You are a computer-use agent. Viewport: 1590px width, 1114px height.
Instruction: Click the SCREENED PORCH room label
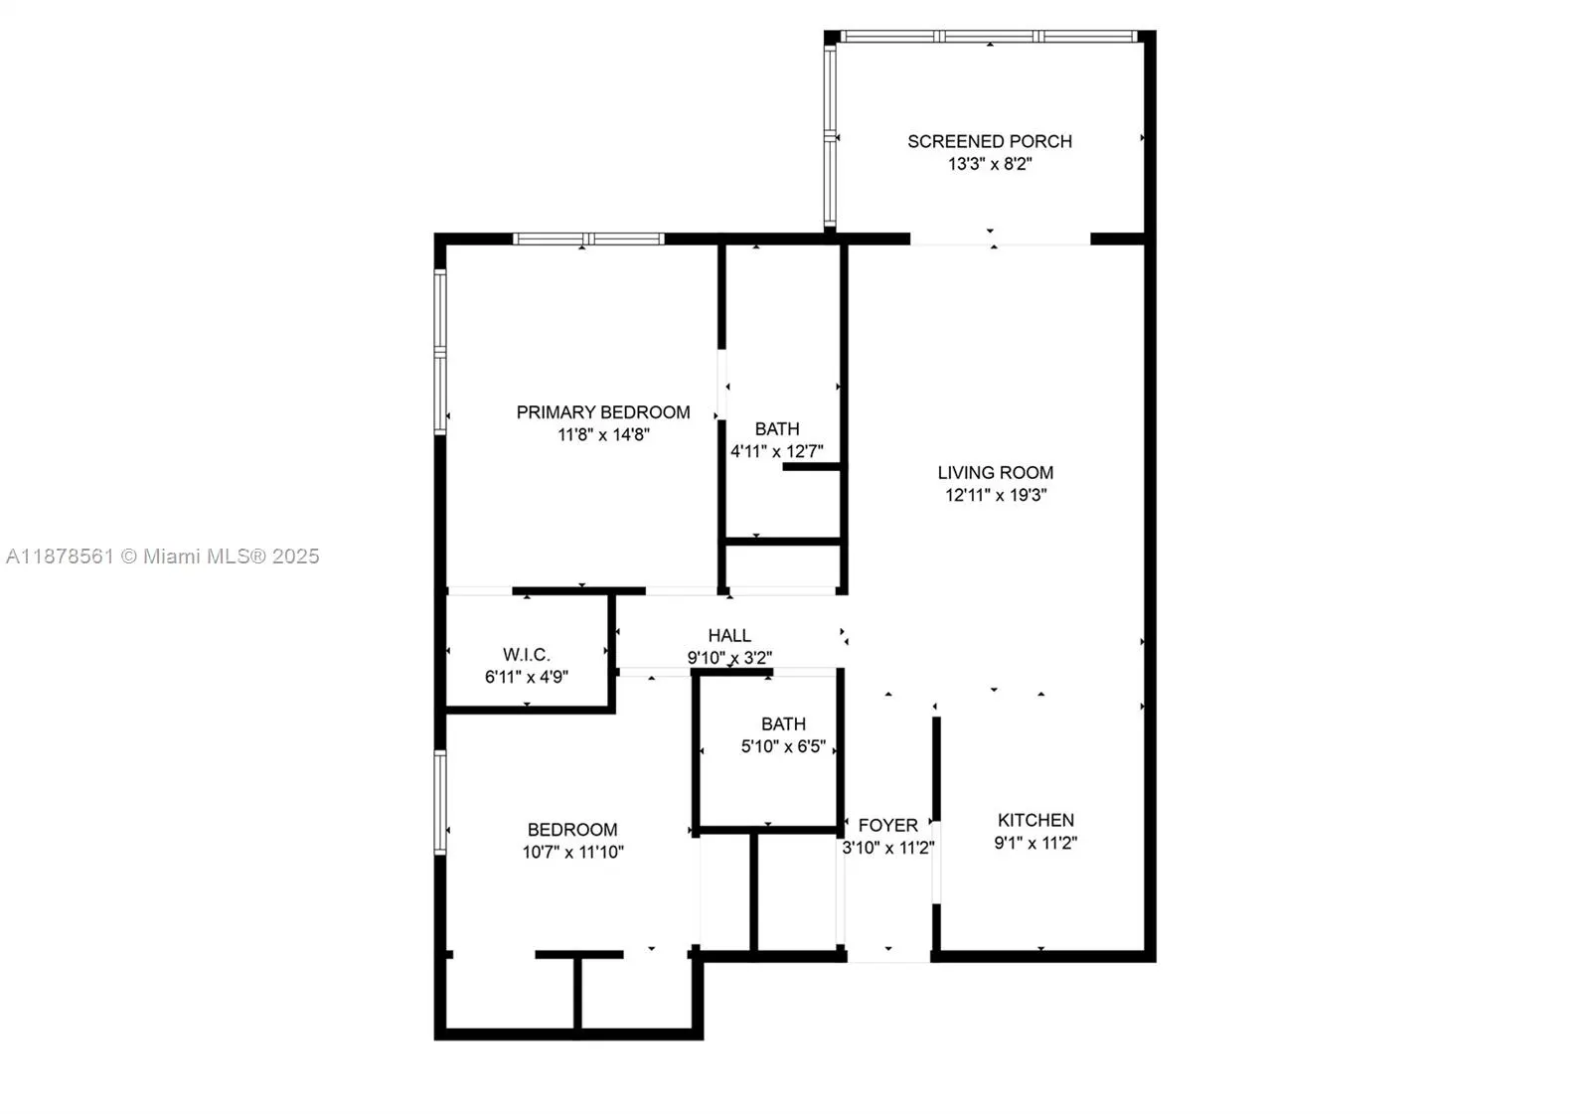pyautogui.click(x=989, y=141)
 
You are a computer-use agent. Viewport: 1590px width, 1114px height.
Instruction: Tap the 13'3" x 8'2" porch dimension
pyautogui.click(x=989, y=164)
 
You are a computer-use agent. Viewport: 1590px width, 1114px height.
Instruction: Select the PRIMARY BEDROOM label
pyautogui.click(x=602, y=411)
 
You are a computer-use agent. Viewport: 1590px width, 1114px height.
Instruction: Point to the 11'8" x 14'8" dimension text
pyautogui.click(x=602, y=434)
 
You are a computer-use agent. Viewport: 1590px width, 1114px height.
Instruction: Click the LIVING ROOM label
pyautogui.click(x=995, y=472)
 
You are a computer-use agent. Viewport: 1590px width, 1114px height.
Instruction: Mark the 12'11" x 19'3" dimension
pyautogui.click(x=995, y=495)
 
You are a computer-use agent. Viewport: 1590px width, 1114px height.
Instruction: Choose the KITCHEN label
pyautogui.click(x=1035, y=820)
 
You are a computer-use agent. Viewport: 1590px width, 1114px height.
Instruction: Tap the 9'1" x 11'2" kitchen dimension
pyautogui.click(x=1035, y=843)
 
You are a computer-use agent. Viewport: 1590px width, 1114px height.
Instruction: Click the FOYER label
pyautogui.click(x=887, y=825)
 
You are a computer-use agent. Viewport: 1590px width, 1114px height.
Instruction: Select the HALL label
pyautogui.click(x=729, y=635)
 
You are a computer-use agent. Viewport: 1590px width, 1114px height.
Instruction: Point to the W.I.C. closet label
pyautogui.click(x=526, y=654)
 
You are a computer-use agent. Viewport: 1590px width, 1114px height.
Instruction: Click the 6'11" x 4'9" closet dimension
pyautogui.click(x=526, y=677)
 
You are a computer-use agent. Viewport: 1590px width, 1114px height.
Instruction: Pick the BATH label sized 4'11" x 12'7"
pyautogui.click(x=776, y=428)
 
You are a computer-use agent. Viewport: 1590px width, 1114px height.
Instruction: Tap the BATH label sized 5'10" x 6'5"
pyautogui.click(x=783, y=723)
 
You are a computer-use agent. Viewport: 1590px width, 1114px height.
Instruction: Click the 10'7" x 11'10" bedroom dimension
pyautogui.click(x=572, y=852)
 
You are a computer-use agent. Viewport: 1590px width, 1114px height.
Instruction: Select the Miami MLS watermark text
pyautogui.click(x=163, y=557)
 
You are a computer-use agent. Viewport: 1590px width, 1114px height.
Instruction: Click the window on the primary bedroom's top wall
pyautogui.click(x=588, y=239)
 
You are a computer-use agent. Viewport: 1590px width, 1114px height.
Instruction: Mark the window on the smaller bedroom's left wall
pyautogui.click(x=440, y=802)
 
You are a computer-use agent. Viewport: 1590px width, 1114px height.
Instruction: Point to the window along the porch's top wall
pyautogui.click(x=989, y=37)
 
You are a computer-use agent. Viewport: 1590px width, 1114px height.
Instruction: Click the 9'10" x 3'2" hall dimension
pyautogui.click(x=729, y=658)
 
